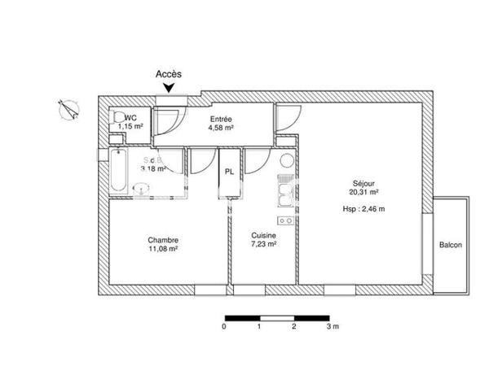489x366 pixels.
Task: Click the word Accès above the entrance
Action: point(169,73)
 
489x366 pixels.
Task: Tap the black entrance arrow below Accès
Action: point(169,89)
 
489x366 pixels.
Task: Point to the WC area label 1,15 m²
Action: point(130,127)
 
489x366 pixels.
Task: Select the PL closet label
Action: point(231,172)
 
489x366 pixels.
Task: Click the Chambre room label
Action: point(163,240)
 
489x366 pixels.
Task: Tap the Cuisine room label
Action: point(264,235)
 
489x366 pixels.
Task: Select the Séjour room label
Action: point(363,183)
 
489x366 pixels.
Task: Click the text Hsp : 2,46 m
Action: point(363,209)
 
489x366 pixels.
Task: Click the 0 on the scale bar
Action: point(223,325)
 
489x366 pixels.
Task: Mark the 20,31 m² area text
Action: point(363,193)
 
